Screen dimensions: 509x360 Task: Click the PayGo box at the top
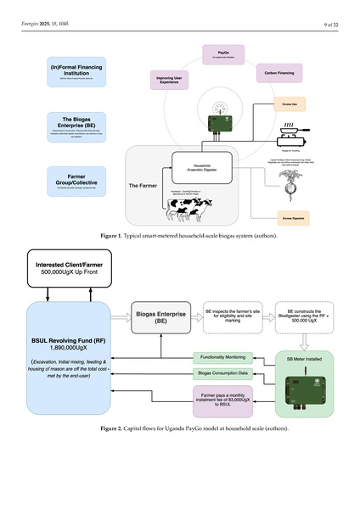coord(223,55)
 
